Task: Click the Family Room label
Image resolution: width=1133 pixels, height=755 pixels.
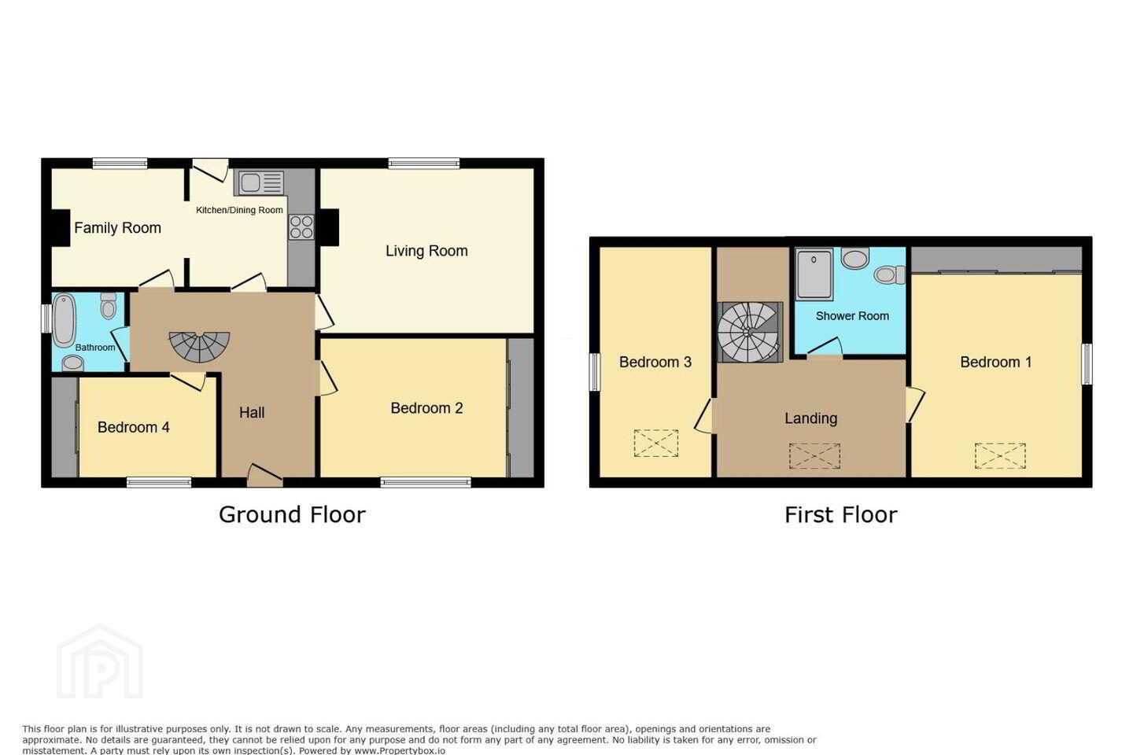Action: [117, 228]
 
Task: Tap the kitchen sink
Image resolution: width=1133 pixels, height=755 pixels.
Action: [259, 183]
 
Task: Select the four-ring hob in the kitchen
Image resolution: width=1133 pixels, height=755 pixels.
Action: [301, 227]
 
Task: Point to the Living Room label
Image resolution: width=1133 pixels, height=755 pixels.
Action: [426, 251]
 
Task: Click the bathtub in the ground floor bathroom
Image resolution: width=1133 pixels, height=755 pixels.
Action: [64, 319]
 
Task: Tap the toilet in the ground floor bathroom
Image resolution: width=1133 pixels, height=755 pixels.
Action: [109, 305]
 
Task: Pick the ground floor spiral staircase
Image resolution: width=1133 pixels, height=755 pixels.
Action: [199, 346]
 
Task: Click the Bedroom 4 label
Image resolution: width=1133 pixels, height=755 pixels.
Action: [134, 427]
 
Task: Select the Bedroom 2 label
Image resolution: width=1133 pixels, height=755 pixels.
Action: [426, 408]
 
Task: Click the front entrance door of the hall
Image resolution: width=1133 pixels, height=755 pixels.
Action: [264, 477]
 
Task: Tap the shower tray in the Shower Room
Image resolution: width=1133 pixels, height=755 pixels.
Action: [814, 274]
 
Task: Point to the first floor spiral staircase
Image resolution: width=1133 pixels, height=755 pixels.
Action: [750, 332]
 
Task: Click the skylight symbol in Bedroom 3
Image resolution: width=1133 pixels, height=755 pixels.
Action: [656, 444]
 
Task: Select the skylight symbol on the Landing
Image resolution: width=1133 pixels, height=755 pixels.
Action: [814, 455]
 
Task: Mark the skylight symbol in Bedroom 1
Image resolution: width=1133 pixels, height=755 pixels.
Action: [1001, 455]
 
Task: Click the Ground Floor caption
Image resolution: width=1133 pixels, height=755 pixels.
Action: [292, 515]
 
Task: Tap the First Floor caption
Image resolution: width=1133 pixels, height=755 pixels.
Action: [840, 515]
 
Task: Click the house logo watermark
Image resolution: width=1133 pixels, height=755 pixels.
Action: [100, 661]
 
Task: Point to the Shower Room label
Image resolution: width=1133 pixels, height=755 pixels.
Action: [852, 316]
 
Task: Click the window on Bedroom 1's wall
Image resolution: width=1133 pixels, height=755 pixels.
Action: [1087, 364]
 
